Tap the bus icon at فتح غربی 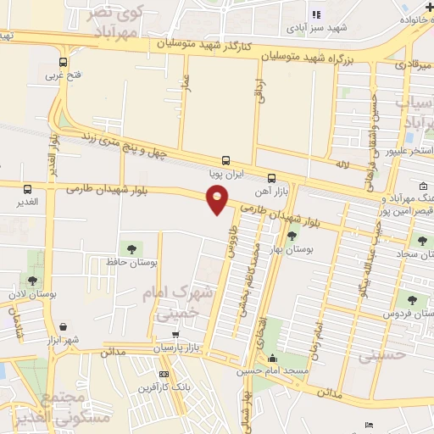(x=63, y=62)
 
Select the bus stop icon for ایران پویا (x=225, y=159)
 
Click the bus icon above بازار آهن (x=271, y=178)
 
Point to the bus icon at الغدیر (x=28, y=189)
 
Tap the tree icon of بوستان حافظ (x=131, y=248)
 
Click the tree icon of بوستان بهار (x=292, y=236)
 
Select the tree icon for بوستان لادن (x=32, y=281)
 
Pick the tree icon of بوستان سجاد (x=419, y=240)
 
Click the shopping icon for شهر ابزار (x=64, y=325)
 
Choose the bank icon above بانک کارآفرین (x=164, y=374)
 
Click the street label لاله (x=342, y=162)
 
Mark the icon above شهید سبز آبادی (x=316, y=14)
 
